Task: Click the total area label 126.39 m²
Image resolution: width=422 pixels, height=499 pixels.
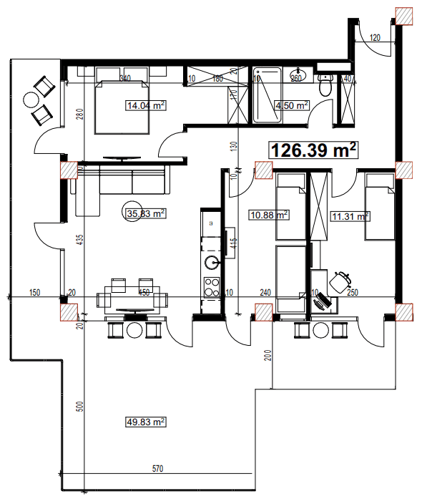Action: pos(313,150)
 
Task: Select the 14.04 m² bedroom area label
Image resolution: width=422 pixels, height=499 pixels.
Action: pos(146,105)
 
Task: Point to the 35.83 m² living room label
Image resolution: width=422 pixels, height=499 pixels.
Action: pos(146,213)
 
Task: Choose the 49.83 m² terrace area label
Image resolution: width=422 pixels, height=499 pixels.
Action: pos(146,422)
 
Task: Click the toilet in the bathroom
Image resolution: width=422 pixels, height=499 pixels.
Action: pos(325,87)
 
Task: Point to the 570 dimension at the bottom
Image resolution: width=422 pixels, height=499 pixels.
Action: pos(159,469)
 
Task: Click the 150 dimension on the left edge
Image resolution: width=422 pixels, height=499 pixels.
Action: pos(34,292)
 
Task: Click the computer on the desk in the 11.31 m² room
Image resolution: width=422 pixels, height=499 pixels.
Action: pos(323,301)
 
